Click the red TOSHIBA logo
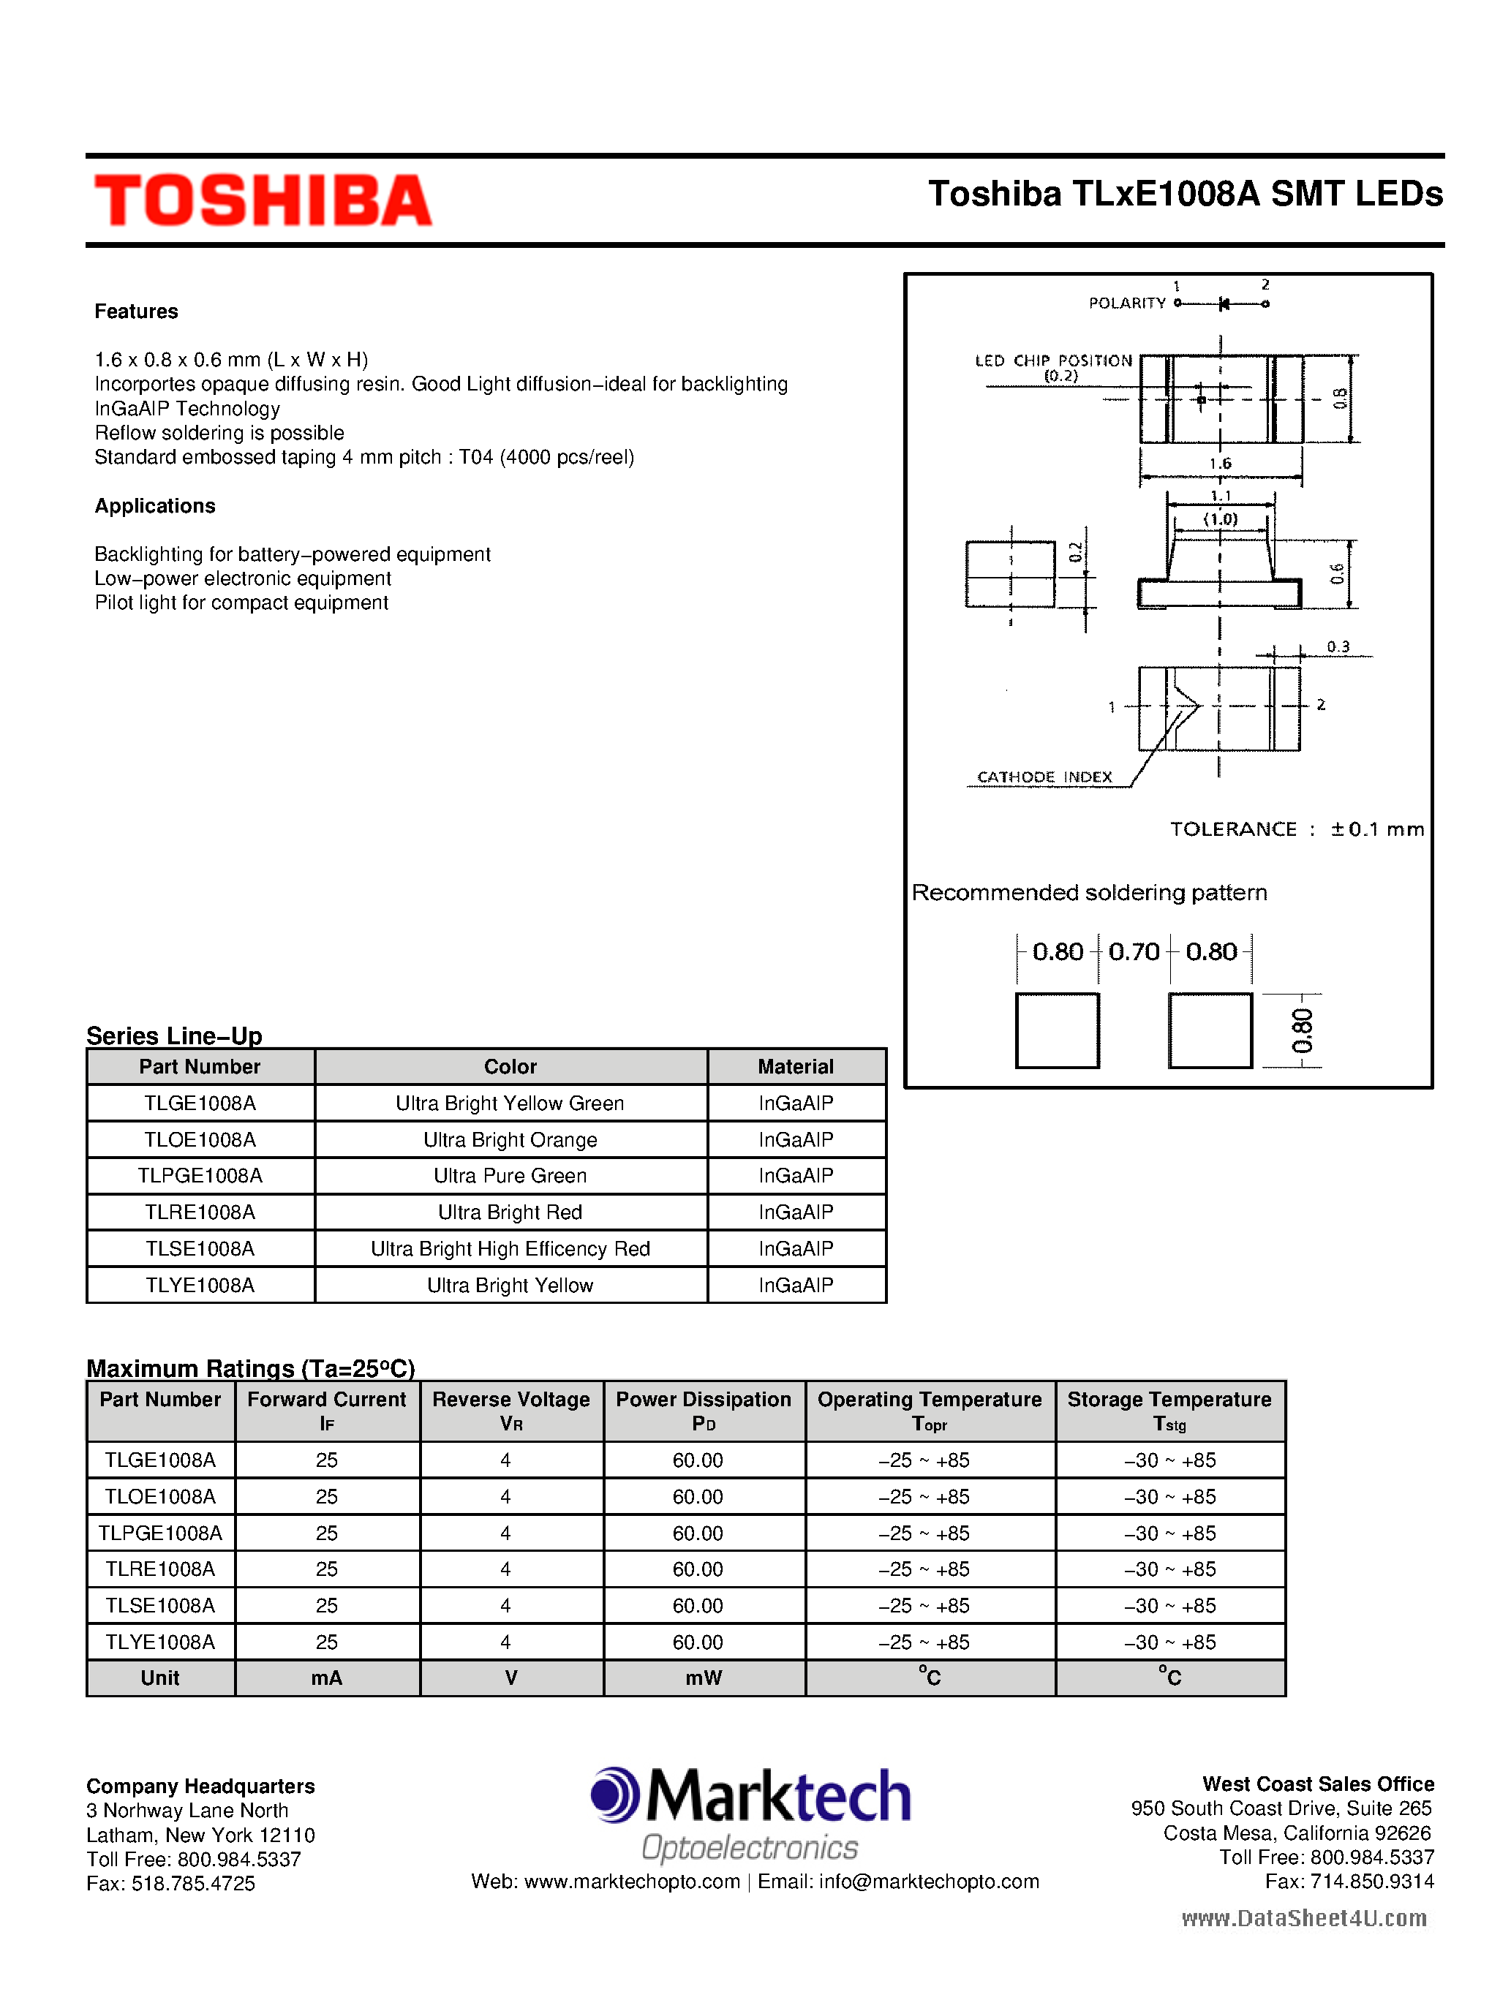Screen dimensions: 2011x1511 [x=263, y=200]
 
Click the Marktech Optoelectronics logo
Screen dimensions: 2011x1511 [x=750, y=1814]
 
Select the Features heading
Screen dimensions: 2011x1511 [x=136, y=312]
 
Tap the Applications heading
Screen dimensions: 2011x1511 [x=154, y=506]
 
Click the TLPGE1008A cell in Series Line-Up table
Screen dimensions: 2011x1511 [x=200, y=1175]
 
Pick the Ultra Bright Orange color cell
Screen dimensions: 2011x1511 [x=510, y=1140]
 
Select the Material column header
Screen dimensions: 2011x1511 [x=796, y=1066]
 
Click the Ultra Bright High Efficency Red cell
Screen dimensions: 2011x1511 [x=510, y=1249]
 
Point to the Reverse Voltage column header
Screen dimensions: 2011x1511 [x=511, y=1410]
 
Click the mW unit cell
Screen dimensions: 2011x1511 [x=704, y=1678]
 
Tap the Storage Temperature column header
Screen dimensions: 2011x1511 [x=1169, y=1410]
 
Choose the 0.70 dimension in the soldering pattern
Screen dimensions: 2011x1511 [x=1134, y=952]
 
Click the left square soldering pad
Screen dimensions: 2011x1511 [x=1058, y=1031]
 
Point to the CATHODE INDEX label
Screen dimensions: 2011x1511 [x=1044, y=777]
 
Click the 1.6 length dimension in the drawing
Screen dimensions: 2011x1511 [x=1220, y=464]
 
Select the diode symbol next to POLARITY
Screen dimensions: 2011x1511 [x=1224, y=303]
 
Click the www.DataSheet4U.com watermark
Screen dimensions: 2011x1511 [x=1304, y=1918]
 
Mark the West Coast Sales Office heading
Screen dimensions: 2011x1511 [x=1317, y=1784]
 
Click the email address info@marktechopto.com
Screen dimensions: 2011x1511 [x=928, y=1881]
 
